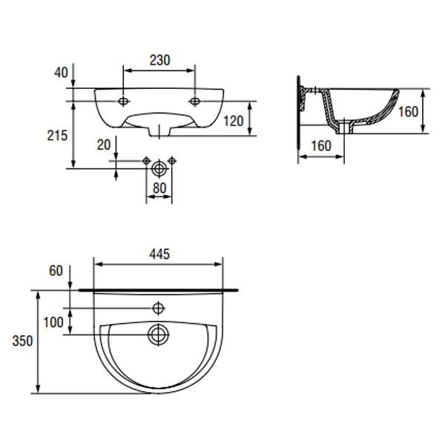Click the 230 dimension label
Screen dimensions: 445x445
coord(159,60)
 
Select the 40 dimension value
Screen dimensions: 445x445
coord(61,73)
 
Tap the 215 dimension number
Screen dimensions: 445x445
coord(57,136)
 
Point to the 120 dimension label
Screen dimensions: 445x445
coord(234,121)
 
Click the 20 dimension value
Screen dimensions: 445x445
coord(104,145)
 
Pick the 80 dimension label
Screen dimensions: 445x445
coord(159,188)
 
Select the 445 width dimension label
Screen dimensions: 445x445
coord(159,254)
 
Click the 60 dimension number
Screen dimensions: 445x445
coord(56,271)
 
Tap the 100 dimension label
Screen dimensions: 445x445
coord(53,323)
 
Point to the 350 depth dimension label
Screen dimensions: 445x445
coord(22,340)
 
